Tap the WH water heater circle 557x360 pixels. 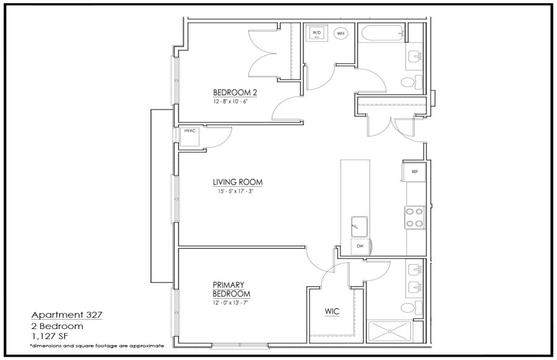pos(340,33)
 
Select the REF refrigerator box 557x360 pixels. pos(414,172)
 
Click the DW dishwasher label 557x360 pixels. pos(360,246)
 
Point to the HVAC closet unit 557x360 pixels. pos(189,137)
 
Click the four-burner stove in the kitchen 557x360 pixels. pos(415,218)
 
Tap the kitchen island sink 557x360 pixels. pos(360,226)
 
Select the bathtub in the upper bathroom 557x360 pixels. pos(383,34)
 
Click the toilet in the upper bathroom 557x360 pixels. pos(412,82)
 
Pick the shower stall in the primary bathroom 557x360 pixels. pos(390,332)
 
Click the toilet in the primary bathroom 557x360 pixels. pos(412,307)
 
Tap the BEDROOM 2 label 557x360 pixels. pos(235,93)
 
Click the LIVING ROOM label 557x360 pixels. pos(238,182)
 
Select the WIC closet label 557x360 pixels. pos(332,312)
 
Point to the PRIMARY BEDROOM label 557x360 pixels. pos(231,289)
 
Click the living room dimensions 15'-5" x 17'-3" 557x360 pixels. pos(236,191)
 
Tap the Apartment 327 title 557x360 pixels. pos(67,315)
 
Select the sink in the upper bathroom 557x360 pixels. pos(415,56)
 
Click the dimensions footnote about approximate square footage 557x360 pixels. pos(97,346)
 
